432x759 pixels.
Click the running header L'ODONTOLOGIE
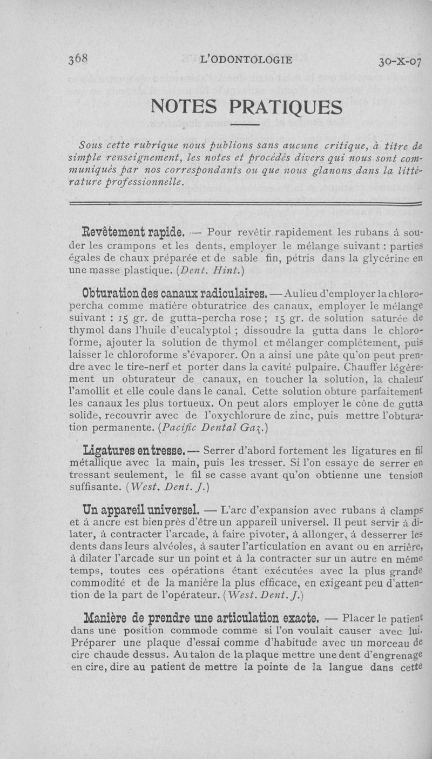pyautogui.click(x=246, y=59)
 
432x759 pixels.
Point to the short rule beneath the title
pyautogui.click(x=247, y=126)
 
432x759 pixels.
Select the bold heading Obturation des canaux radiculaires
pyautogui.click(x=173, y=294)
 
